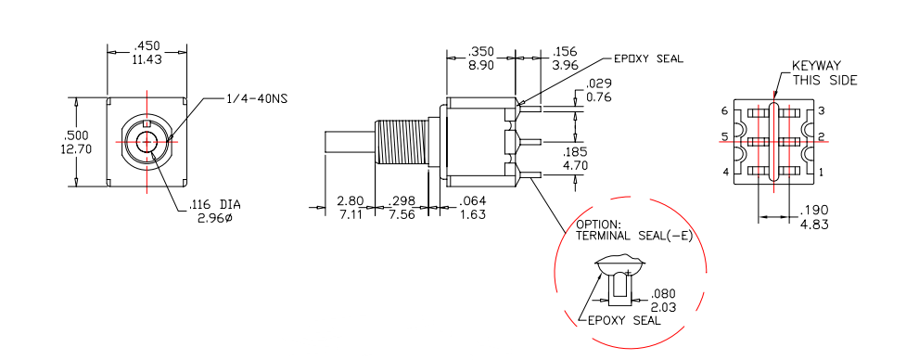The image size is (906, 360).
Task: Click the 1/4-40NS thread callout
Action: pyautogui.click(x=256, y=98)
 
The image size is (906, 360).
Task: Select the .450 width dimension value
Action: pyautogui.click(x=147, y=46)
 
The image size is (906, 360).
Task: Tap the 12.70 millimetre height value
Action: pyautogui.click(x=75, y=148)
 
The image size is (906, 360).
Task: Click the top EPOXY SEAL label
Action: pyautogui.click(x=648, y=58)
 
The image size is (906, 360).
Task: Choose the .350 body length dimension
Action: pyautogui.click(x=480, y=51)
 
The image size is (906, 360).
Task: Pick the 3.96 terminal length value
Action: pyautogui.click(x=565, y=65)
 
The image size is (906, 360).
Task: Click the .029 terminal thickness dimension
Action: pyautogui.click(x=599, y=84)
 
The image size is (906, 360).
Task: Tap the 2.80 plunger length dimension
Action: pyautogui.click(x=351, y=201)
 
